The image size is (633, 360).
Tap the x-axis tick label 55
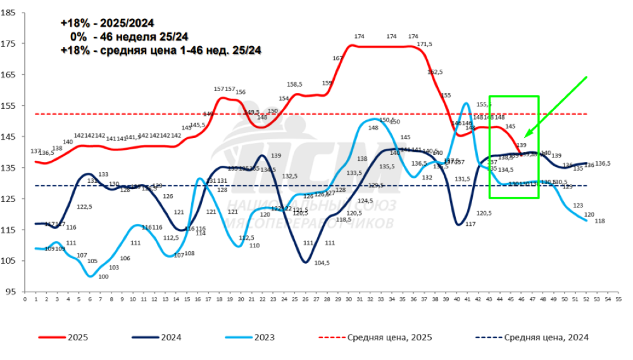(617, 301)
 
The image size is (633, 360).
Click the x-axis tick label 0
(25, 301)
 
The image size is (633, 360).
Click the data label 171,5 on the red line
(424, 44)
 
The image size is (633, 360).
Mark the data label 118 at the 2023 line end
(600, 221)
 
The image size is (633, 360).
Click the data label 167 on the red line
(337, 58)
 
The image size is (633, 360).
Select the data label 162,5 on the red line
(435, 72)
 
